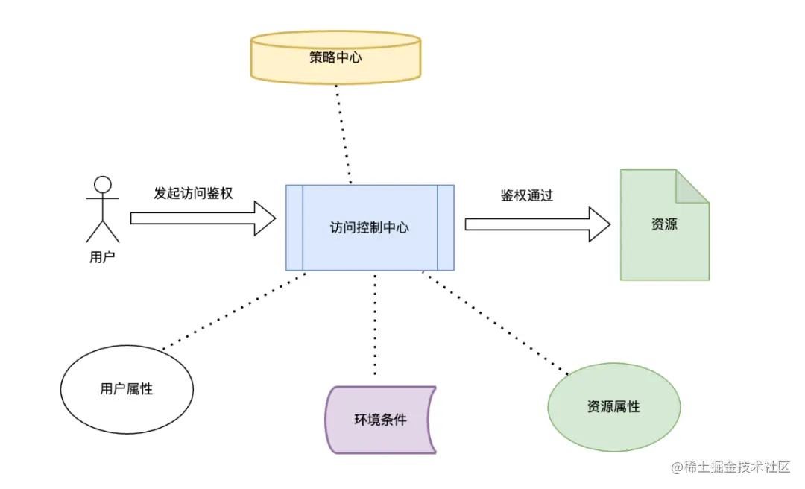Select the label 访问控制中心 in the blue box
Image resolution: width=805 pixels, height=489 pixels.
[370, 228]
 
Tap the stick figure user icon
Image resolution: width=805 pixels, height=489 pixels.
[102, 209]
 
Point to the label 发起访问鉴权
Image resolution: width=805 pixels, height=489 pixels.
[193, 193]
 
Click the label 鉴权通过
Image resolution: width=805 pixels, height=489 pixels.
[526, 195]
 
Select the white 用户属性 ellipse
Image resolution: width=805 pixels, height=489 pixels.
[126, 388]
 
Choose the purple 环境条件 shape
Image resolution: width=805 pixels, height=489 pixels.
[380, 419]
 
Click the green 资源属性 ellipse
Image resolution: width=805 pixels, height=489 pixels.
[613, 407]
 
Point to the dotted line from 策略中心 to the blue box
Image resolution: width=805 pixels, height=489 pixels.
[343, 134]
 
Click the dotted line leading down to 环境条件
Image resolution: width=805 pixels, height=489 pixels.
[375, 324]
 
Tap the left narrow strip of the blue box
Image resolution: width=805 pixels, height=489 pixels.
[294, 227]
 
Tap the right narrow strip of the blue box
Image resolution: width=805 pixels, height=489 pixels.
[446, 227]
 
